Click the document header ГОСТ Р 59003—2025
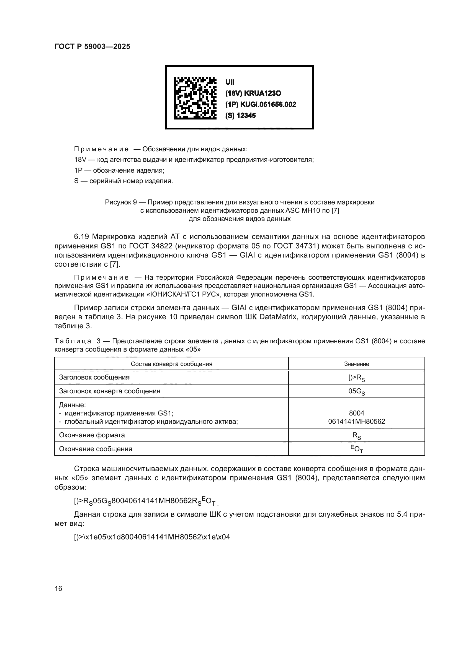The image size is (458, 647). click(92, 46)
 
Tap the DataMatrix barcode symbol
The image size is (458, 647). click(195, 98)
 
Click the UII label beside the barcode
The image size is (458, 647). click(230, 82)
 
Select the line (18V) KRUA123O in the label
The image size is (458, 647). click(253, 93)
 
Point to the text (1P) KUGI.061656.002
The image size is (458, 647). click(260, 105)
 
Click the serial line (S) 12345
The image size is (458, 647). click(240, 116)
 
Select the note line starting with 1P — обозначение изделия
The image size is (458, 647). click(119, 170)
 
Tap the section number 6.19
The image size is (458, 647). click(82, 237)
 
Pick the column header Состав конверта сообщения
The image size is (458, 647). click(171, 364)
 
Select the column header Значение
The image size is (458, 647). click(356, 364)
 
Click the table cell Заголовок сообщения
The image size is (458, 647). click(94, 377)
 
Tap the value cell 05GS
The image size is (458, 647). click(356, 391)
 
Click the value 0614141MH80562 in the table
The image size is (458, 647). click(356, 422)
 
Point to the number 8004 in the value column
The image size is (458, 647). click(356, 413)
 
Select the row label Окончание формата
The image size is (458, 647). click(92, 435)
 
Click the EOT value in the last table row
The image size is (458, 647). click(356, 449)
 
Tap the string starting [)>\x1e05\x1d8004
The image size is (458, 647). click(152, 537)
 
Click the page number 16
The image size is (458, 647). click(58, 588)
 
